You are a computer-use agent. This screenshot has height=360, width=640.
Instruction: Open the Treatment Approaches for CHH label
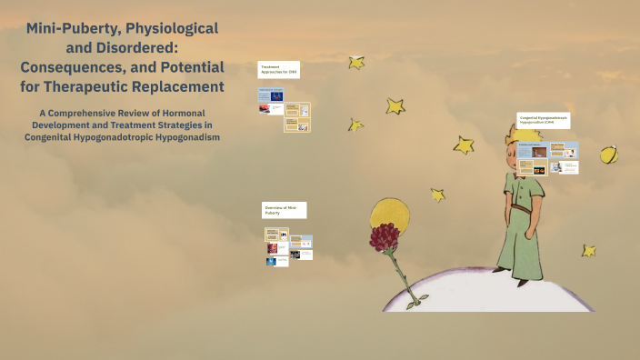click(x=276, y=69)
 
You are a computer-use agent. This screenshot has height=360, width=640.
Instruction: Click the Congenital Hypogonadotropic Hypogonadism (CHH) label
click(x=543, y=121)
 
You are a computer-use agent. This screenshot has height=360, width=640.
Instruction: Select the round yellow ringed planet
click(x=608, y=155)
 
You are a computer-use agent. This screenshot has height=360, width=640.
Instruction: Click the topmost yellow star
click(x=356, y=63)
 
